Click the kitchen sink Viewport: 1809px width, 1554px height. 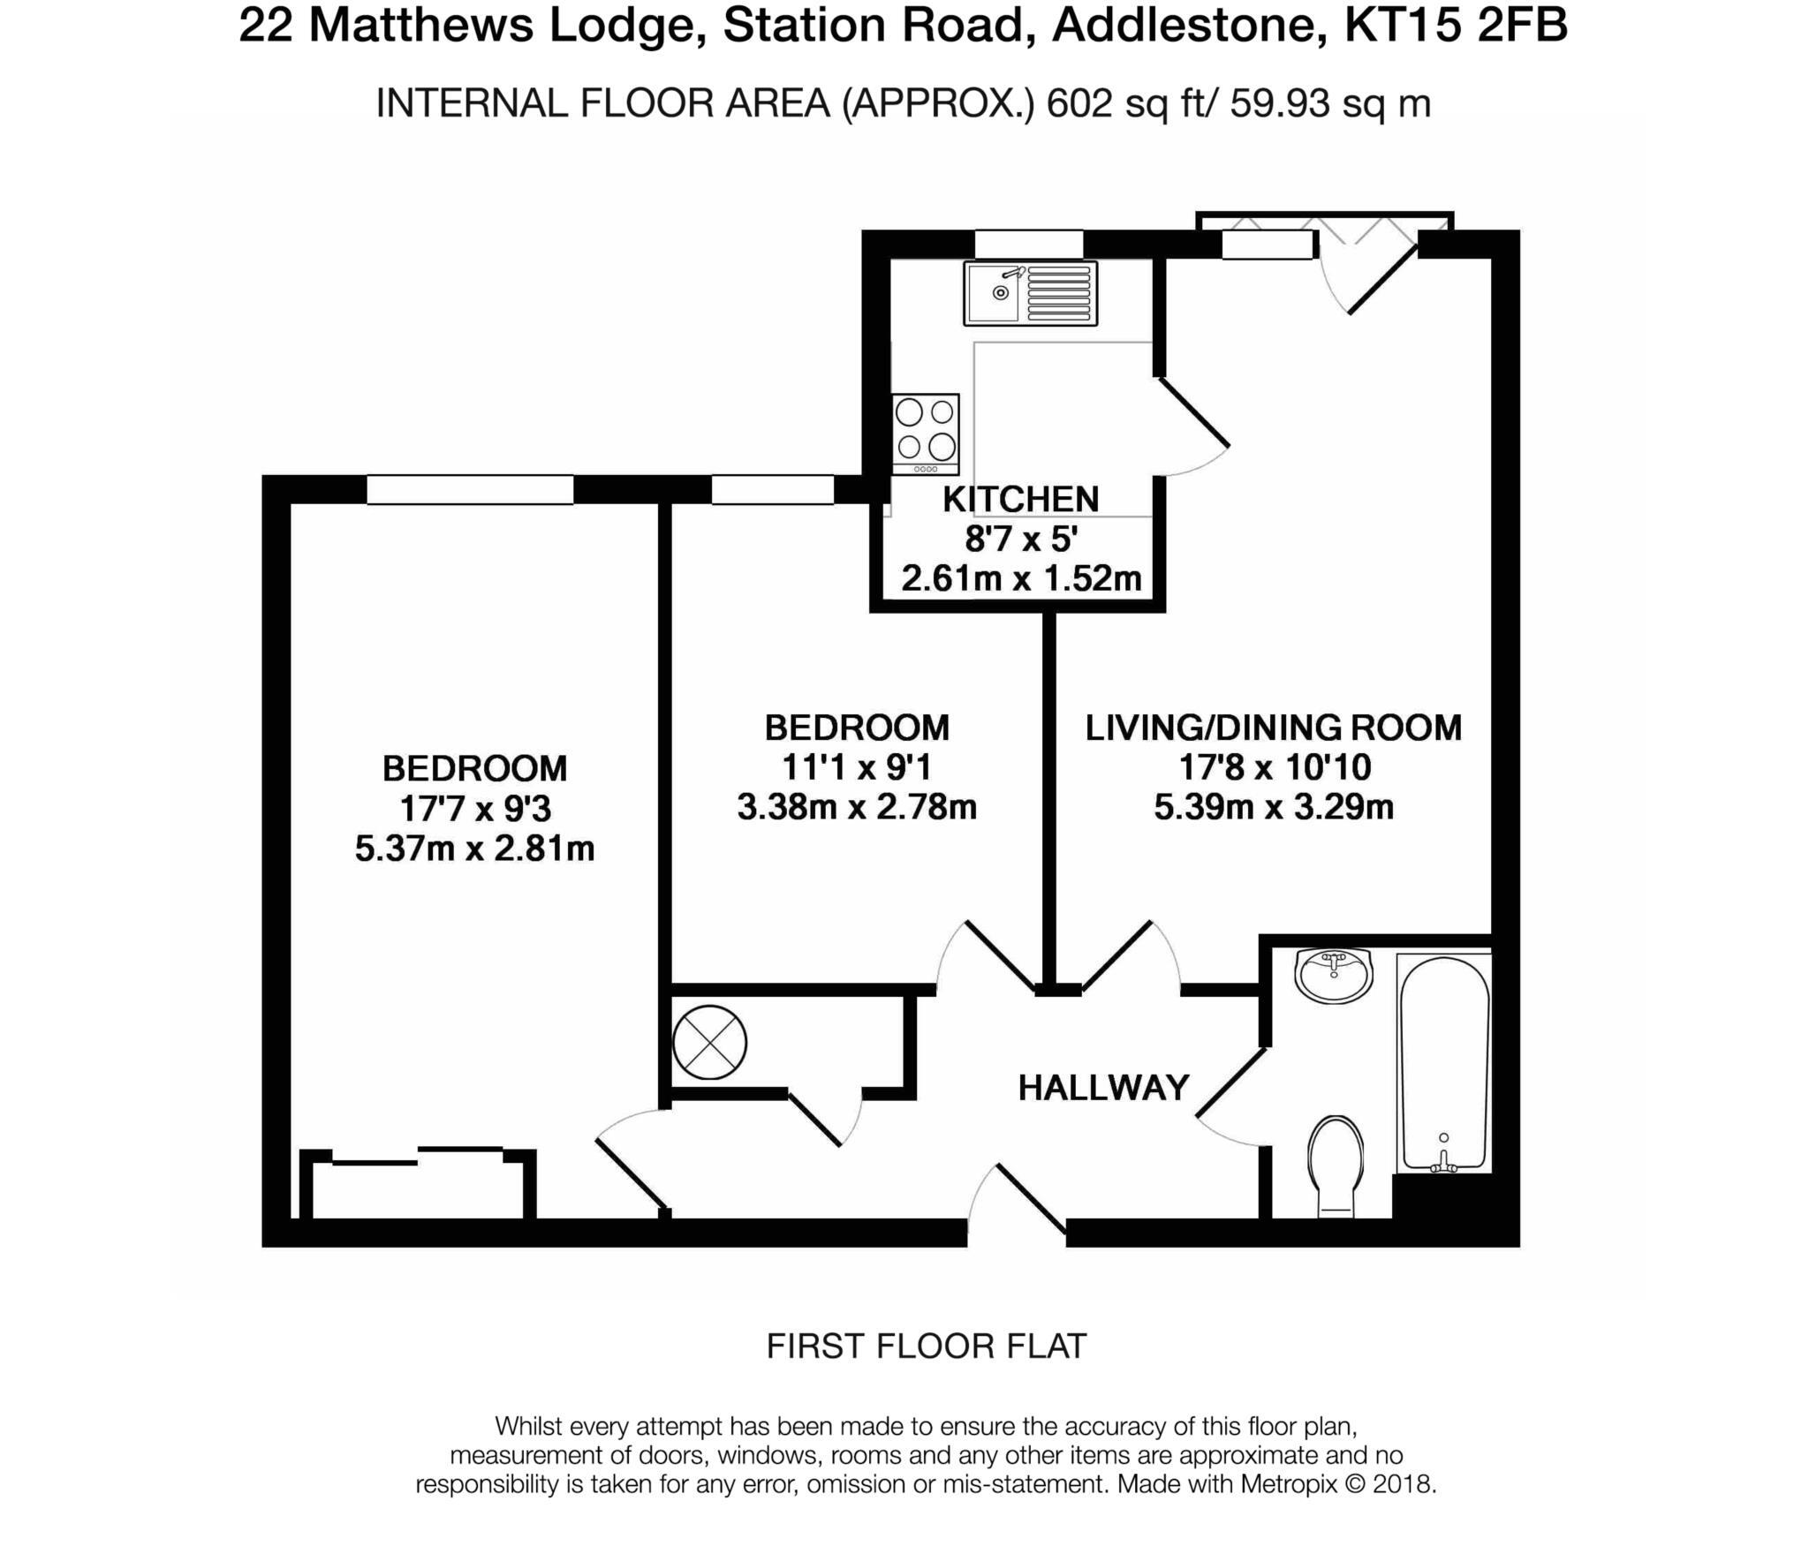(1031, 293)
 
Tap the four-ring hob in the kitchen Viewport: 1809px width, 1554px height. (925, 433)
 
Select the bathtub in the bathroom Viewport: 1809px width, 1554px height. (1443, 1064)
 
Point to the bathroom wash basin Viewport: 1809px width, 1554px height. (1334, 973)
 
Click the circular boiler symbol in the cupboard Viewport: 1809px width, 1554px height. (709, 1043)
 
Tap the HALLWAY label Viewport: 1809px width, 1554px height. (1103, 1088)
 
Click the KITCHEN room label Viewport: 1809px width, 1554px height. (1020, 500)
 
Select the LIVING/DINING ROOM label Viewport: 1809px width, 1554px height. (1274, 728)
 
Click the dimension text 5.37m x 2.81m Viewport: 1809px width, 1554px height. (474, 849)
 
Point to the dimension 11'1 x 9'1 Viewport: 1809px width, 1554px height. (856, 767)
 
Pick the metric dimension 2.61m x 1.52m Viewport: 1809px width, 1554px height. (1021, 579)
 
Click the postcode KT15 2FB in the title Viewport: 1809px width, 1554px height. (1455, 26)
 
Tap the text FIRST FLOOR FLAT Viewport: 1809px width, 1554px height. (926, 1346)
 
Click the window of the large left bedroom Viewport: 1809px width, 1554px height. (470, 490)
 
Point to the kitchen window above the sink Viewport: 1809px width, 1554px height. (1028, 244)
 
